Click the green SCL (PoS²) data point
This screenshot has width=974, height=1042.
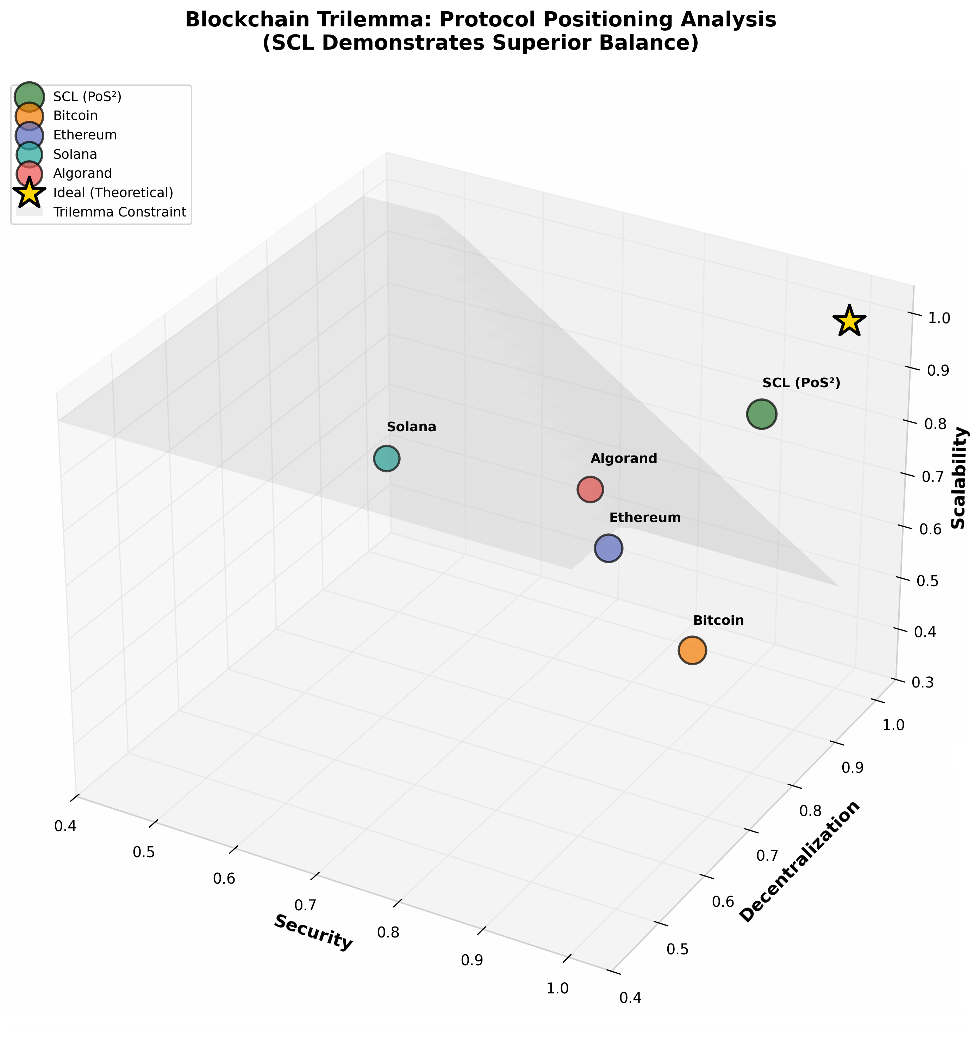point(761,414)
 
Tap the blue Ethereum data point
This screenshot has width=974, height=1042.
point(608,548)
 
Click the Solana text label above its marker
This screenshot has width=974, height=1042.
point(412,427)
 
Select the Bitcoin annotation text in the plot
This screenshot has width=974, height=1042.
point(719,621)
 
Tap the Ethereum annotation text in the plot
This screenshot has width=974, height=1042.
point(645,518)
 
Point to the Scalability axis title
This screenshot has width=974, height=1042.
point(959,478)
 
